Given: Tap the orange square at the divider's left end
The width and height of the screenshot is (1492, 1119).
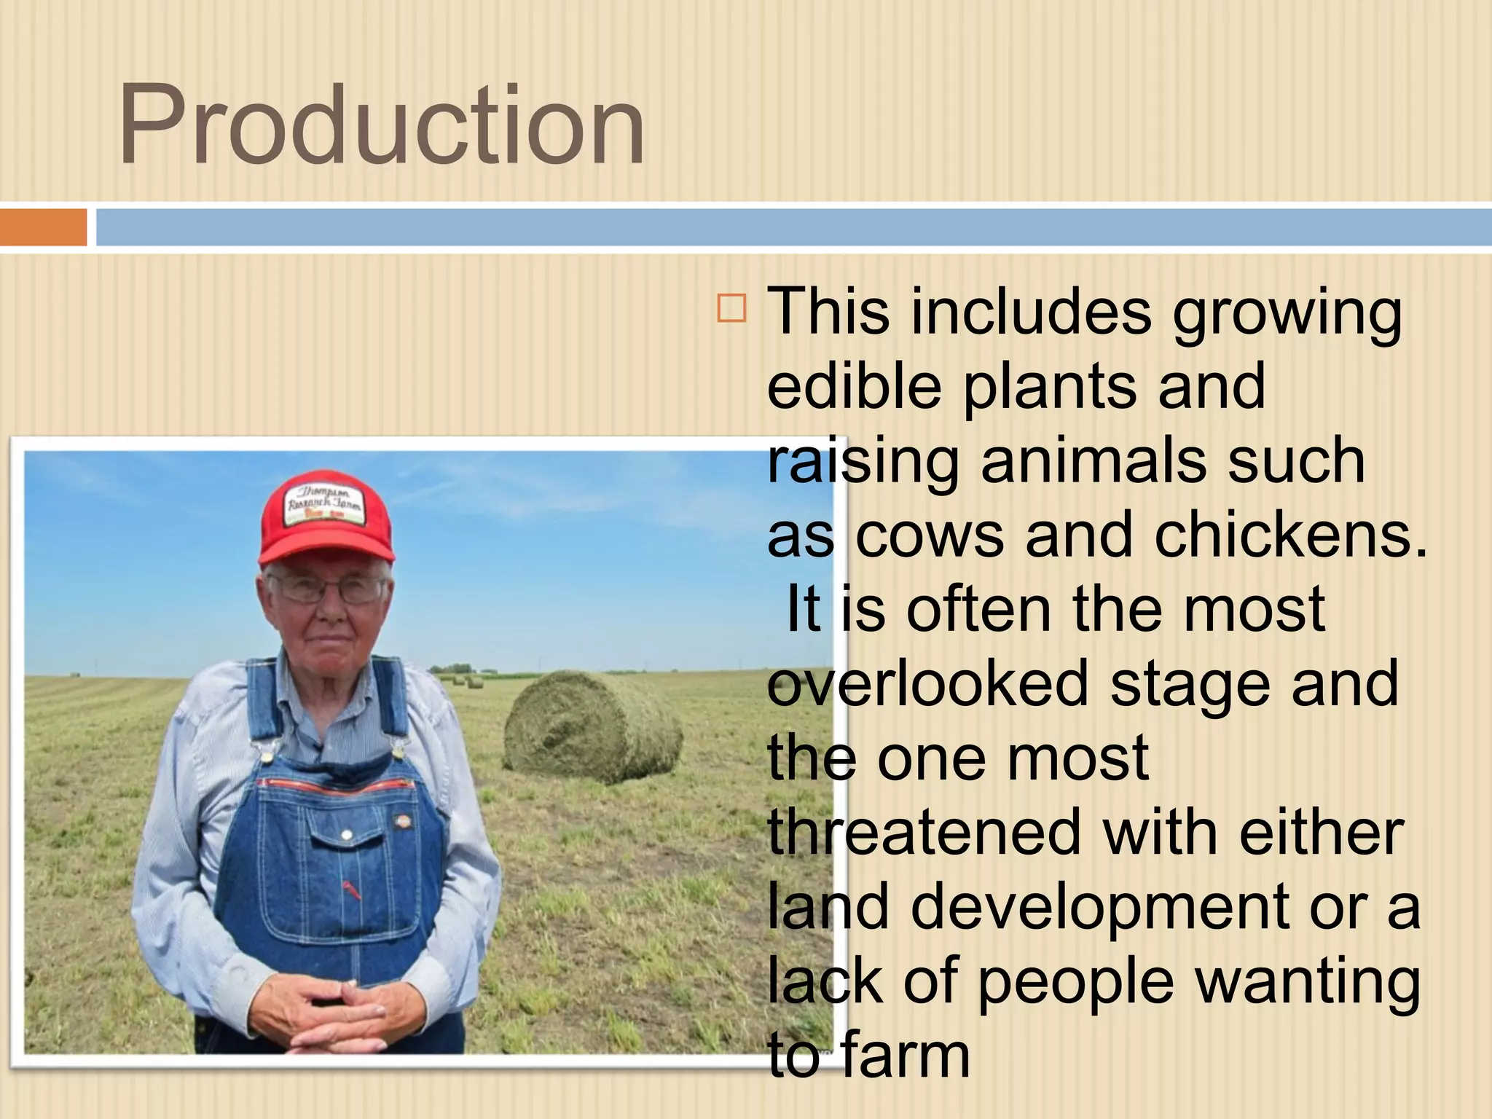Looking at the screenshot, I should [x=43, y=227].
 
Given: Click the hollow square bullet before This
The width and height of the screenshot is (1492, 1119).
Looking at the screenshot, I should [x=731, y=308].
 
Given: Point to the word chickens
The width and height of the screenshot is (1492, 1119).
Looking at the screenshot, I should [x=1289, y=535].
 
